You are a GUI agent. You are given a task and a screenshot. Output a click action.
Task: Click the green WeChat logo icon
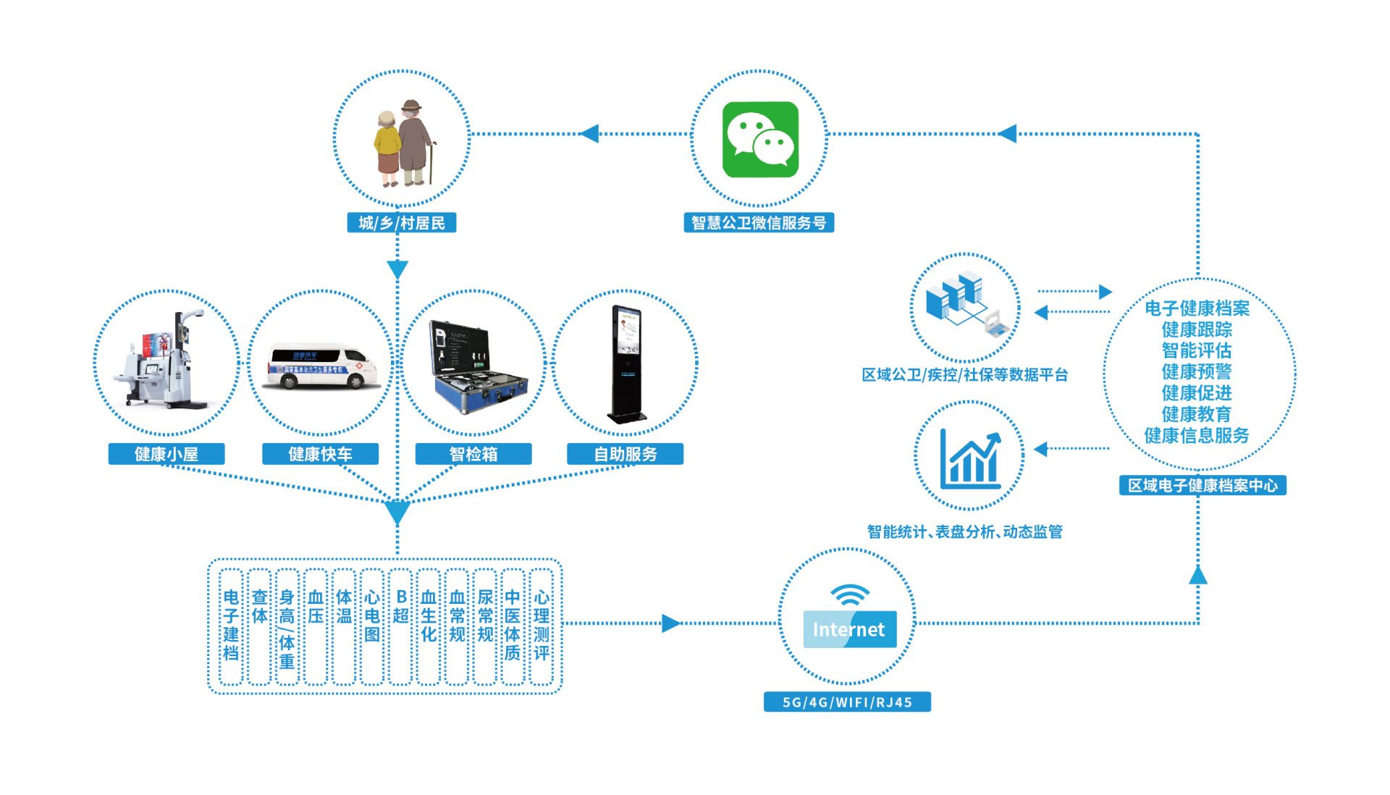point(760,139)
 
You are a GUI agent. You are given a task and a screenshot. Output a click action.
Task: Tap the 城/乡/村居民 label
point(402,223)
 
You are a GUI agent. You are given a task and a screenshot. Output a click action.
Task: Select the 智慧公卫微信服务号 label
point(759,223)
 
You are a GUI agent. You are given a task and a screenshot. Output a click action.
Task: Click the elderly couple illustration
point(403,143)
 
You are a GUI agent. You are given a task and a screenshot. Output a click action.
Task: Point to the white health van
point(321,366)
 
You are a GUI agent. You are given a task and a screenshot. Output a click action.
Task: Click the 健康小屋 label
point(167,454)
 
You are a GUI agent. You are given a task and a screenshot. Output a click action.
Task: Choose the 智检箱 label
point(473,454)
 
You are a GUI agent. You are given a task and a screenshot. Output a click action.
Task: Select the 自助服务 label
point(625,454)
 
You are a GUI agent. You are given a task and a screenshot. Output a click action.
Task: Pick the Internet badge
point(849,629)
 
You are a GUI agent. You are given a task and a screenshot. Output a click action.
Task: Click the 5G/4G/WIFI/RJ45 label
point(847,702)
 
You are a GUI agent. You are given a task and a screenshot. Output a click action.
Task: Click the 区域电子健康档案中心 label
point(1202,485)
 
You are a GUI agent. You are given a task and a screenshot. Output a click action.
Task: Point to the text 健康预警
point(1197,371)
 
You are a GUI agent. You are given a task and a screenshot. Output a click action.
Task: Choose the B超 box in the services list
point(400,626)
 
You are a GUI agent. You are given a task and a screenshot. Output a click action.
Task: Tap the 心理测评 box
point(541,626)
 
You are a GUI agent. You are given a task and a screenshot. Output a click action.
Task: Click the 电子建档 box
point(231,626)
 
